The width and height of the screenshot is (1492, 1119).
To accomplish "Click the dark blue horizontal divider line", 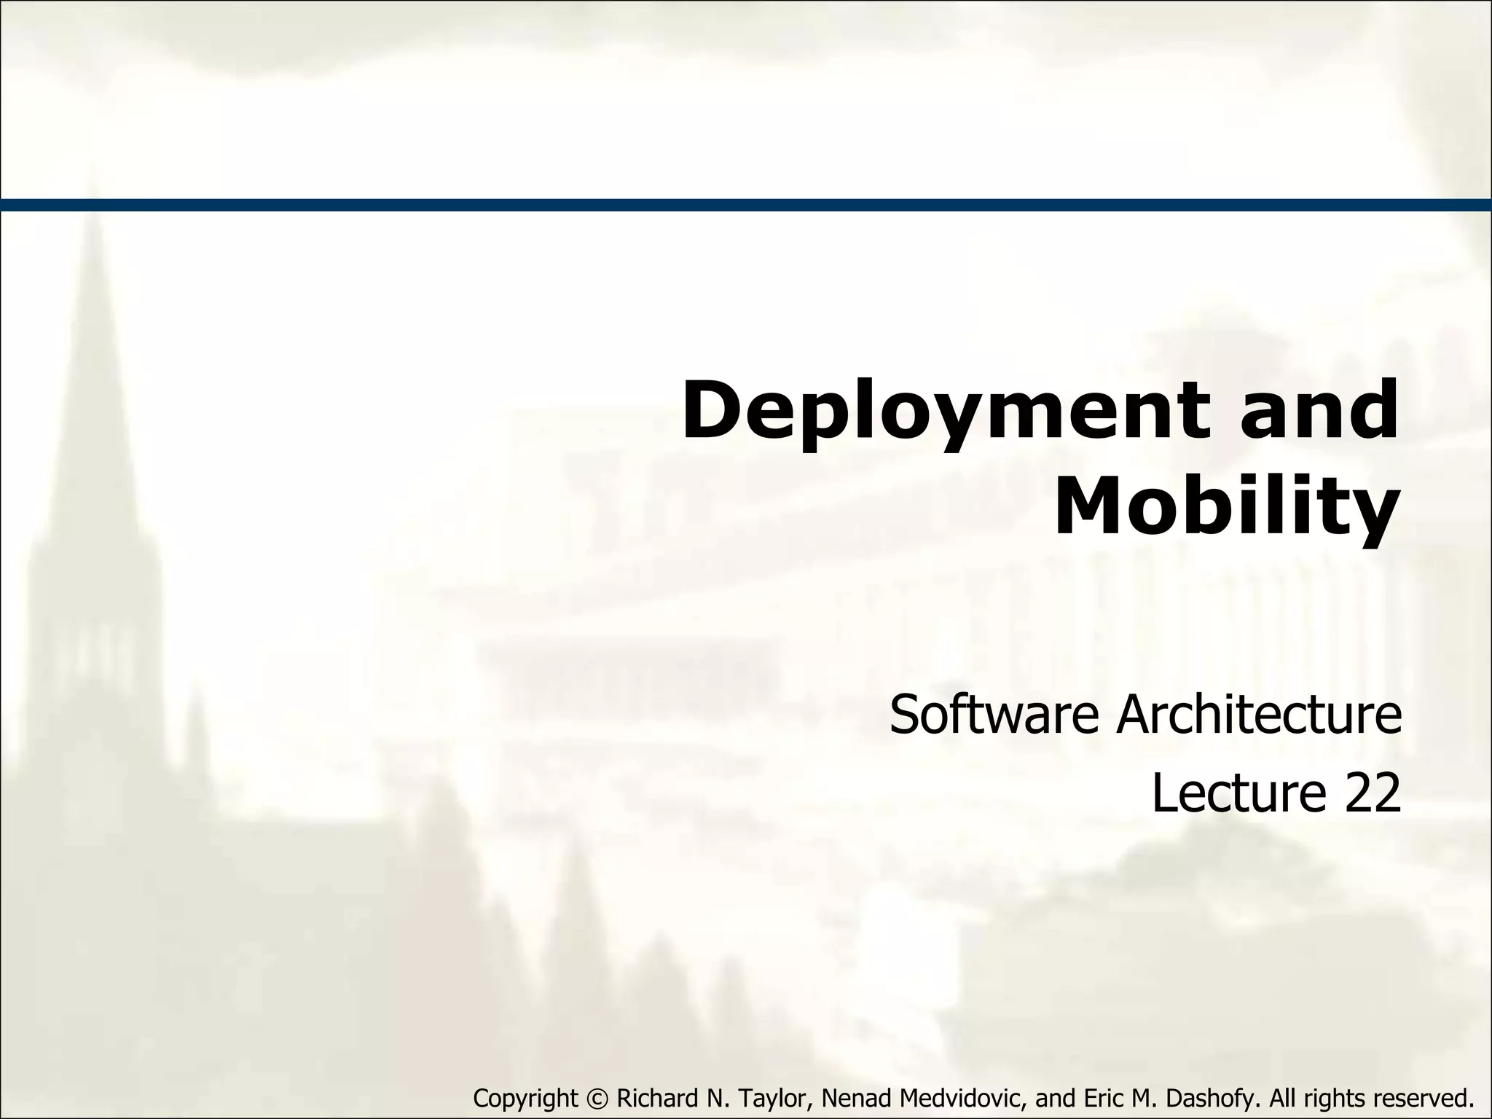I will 746,205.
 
